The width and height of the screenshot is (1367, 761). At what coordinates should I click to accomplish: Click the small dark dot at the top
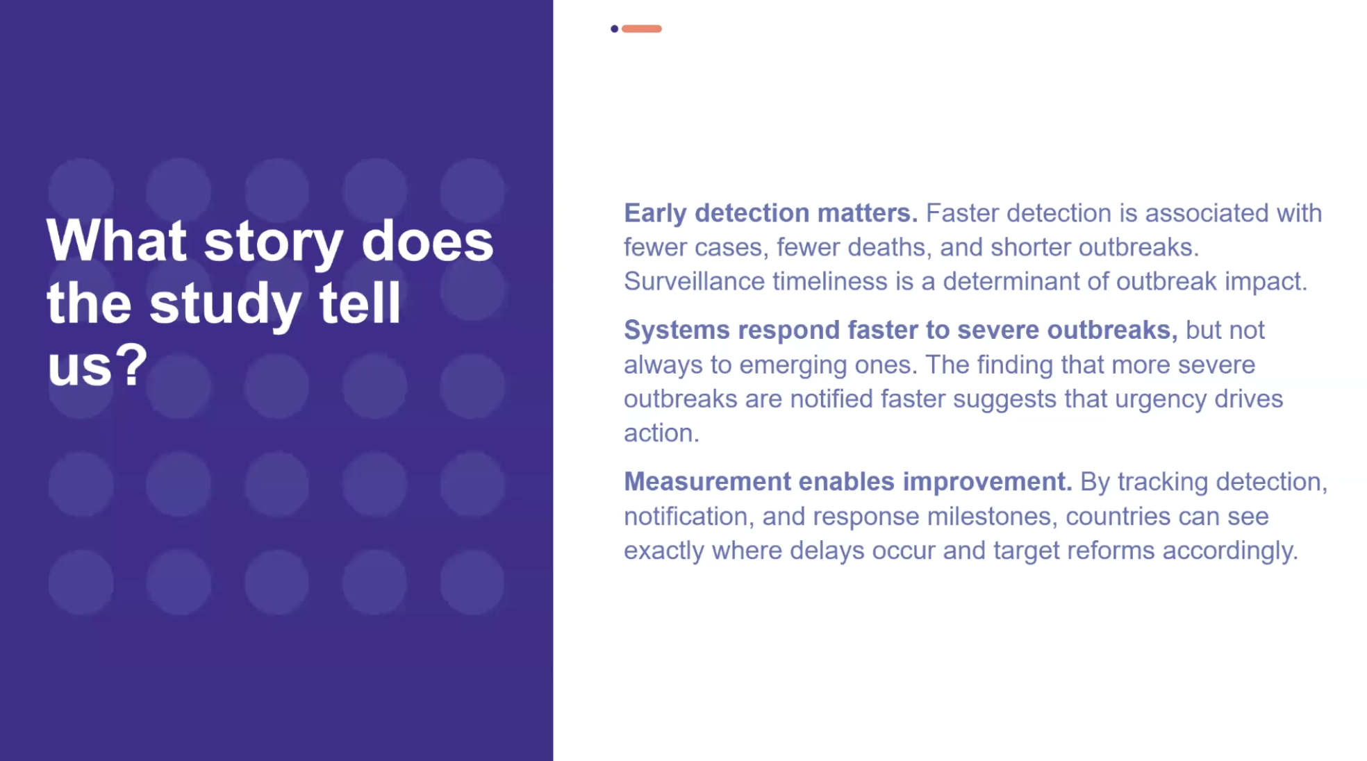[x=614, y=28]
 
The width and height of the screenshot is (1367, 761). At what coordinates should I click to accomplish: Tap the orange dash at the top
[x=642, y=28]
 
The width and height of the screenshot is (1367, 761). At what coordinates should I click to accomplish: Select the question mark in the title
[x=131, y=364]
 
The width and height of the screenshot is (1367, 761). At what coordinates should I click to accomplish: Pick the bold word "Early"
[x=655, y=214]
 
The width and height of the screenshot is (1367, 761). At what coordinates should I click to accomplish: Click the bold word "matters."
[x=868, y=213]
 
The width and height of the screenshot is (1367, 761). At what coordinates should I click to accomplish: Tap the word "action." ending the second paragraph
[x=661, y=433]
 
